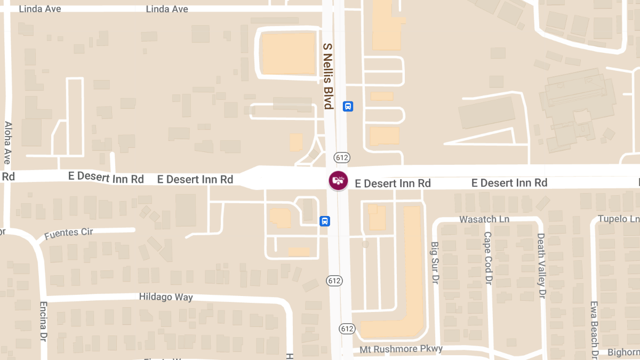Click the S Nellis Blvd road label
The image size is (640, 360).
point(327,76)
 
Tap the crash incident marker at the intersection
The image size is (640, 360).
point(338,180)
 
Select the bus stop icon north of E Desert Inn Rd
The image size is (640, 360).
point(348,106)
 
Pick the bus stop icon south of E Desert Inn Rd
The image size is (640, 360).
point(325,221)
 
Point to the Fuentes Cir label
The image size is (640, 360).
point(68,233)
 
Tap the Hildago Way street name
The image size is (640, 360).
point(166,297)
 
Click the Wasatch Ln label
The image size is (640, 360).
point(484,219)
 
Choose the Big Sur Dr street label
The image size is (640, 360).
point(435,263)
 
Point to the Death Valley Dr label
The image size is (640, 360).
point(541,265)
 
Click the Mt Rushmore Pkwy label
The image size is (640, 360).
point(401,349)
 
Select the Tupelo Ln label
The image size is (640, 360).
point(618,219)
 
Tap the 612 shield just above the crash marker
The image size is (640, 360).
point(341,157)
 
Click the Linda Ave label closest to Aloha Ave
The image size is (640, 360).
point(40,9)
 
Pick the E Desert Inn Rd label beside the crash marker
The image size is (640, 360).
point(393,183)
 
